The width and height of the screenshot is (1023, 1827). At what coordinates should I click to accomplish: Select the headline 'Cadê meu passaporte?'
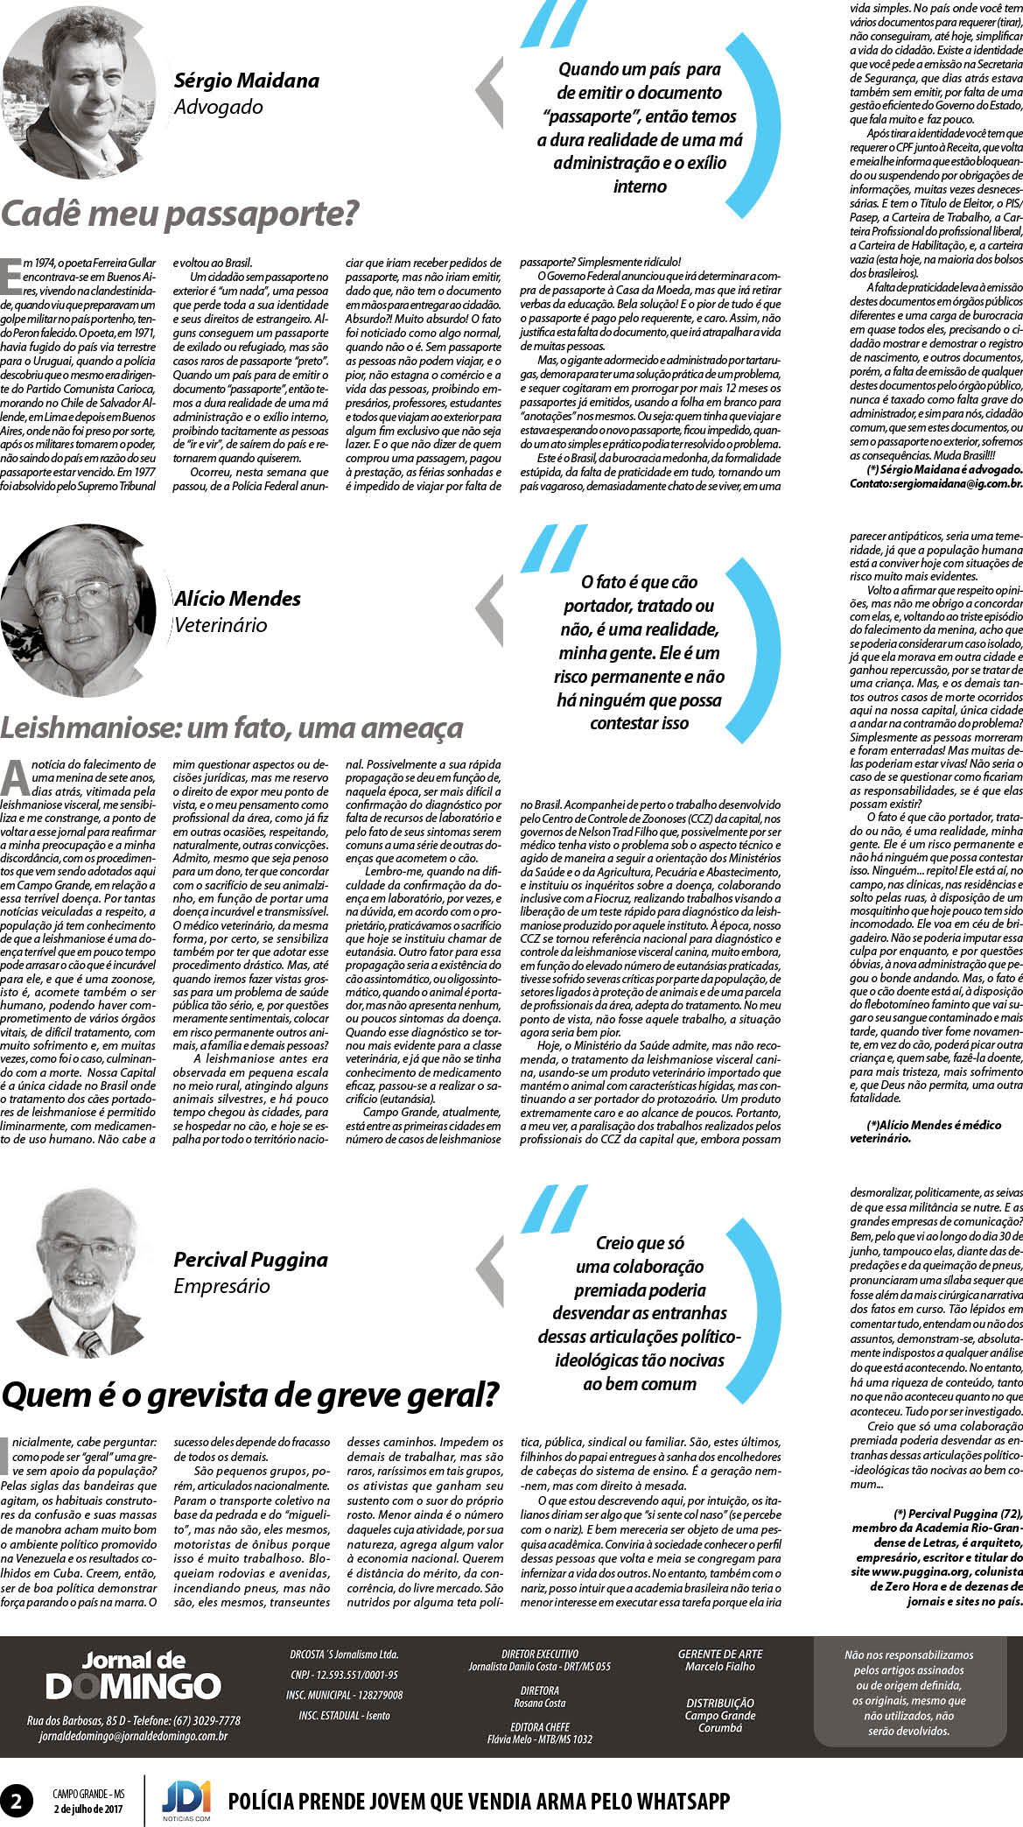pos(179,214)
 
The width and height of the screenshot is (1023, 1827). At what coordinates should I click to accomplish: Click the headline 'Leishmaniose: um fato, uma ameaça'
pos(231,727)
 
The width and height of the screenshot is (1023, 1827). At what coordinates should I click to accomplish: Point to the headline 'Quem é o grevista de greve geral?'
pos(249,1395)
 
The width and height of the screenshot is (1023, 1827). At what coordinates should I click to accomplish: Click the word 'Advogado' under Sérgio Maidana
pos(218,107)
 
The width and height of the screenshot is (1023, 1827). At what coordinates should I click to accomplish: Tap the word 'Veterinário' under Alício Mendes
pos(221,625)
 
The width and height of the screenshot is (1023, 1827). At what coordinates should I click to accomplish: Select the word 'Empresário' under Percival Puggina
pos(221,1286)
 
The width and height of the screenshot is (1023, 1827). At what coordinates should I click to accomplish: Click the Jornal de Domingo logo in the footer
pos(133,1676)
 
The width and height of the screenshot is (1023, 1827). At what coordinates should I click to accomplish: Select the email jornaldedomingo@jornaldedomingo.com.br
pos(133,1736)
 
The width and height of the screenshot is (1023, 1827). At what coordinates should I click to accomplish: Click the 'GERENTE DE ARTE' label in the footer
pos(719,1654)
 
